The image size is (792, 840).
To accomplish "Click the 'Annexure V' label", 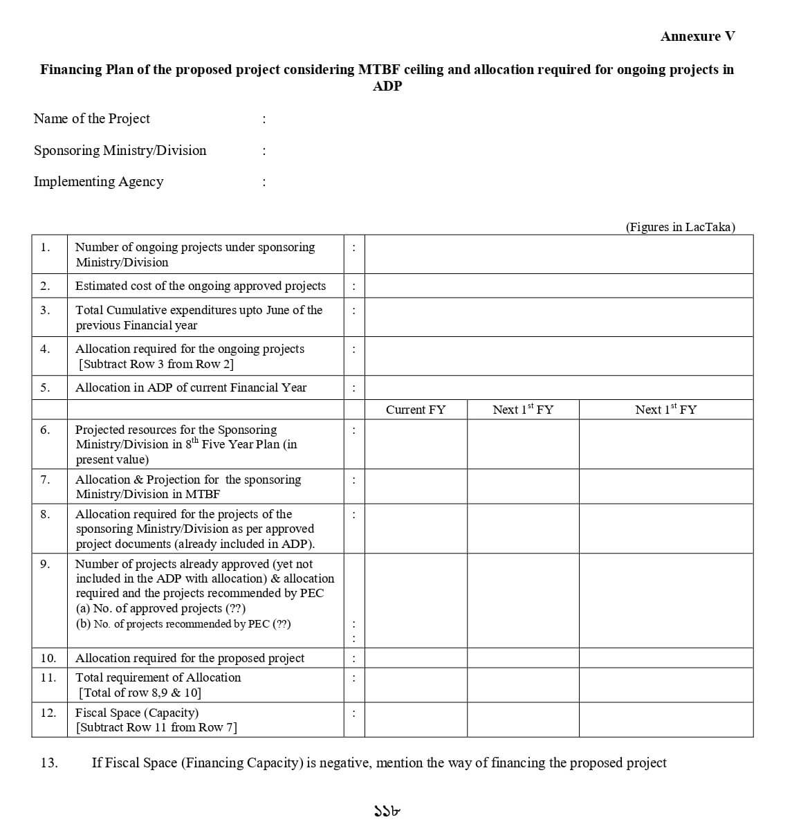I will [x=697, y=37].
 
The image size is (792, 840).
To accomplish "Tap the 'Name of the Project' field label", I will [x=91, y=119].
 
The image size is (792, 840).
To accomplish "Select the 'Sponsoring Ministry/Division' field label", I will [x=120, y=151].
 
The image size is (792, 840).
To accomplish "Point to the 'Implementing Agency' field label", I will [x=98, y=182].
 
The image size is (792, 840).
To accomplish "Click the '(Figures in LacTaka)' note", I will [x=680, y=227].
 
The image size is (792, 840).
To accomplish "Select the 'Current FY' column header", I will [x=416, y=410].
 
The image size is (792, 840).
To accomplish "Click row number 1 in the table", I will [x=45, y=247].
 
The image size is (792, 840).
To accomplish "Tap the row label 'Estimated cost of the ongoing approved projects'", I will [x=200, y=286].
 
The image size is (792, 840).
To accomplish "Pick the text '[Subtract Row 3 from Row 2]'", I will [x=156, y=364].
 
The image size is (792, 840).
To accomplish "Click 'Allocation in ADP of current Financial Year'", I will [x=190, y=387].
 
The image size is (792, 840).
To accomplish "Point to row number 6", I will [x=45, y=430].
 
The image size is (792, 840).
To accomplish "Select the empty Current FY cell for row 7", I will [x=416, y=486].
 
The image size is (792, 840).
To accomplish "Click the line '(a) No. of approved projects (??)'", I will [x=160, y=608].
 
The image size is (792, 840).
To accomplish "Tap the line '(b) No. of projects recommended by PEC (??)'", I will [x=183, y=624].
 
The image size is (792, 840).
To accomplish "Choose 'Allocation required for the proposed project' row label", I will [x=190, y=658].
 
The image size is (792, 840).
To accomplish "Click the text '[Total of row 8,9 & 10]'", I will [x=140, y=693].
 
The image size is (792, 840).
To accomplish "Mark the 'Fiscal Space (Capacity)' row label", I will [x=136, y=713].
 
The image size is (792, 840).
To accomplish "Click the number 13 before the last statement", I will [x=49, y=763].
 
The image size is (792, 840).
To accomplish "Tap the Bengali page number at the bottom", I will [x=387, y=811].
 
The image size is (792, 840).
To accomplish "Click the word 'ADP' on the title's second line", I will [x=387, y=86].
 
